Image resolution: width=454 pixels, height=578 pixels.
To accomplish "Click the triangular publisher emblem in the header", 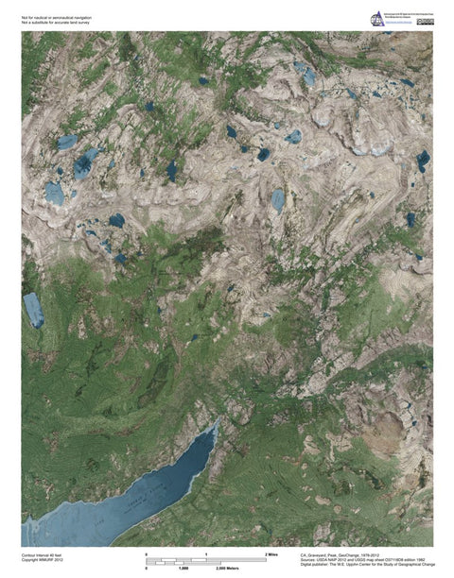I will coord(376,20).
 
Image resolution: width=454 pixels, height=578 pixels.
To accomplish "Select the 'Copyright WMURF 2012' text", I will coord(44,560).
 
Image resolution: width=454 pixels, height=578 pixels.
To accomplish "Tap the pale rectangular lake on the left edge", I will coord(33,310).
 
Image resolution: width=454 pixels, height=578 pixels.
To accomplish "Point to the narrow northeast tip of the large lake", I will coord(217,427).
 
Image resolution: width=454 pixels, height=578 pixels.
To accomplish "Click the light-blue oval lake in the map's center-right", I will coord(277,199).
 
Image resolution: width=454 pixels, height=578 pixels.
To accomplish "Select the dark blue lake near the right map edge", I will coord(423,161).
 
